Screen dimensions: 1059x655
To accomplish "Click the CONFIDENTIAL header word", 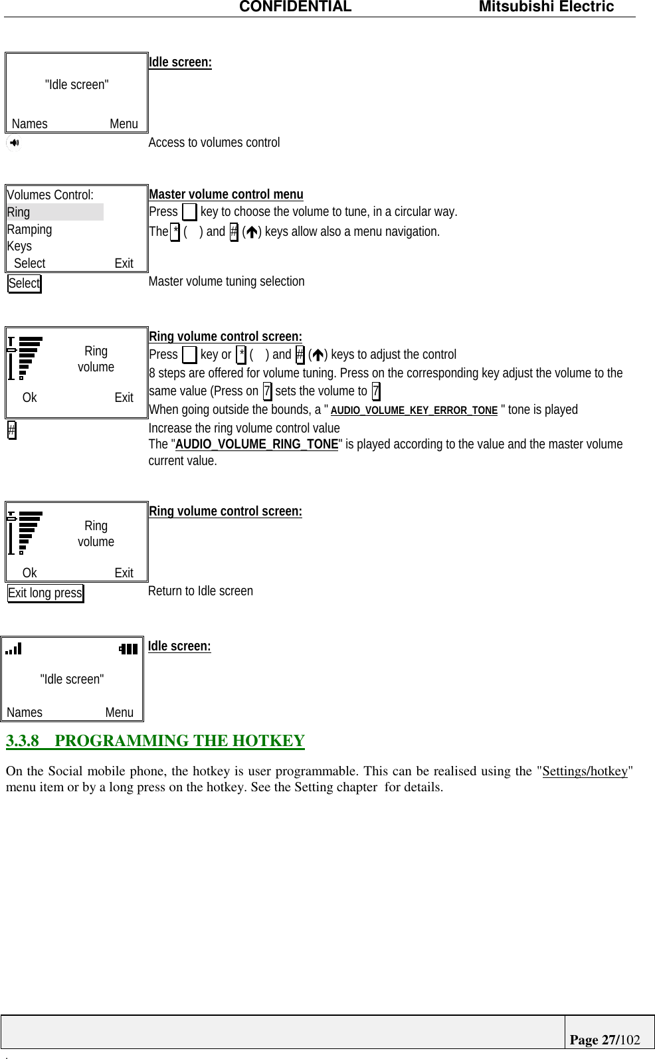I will pos(295,7).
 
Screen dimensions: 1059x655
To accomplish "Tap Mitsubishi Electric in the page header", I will pos(546,7).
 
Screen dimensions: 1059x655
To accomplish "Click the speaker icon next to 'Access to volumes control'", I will pos(14,143).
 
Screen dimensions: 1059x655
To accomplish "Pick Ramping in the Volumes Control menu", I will pos(29,229).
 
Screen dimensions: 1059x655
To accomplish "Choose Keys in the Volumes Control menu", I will pos(19,246).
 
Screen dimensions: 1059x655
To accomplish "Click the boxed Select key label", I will pos(25,284).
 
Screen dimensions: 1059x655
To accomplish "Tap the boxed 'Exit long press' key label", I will pos(45,593).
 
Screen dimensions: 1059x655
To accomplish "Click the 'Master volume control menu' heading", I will pos(226,194).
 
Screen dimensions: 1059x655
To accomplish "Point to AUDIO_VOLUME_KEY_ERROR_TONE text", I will pos(414,411).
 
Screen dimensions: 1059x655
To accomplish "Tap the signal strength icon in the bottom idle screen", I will pos(13,648).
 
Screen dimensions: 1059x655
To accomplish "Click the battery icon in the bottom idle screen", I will pos(128,649).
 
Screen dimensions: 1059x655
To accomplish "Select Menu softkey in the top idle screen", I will pos(124,124).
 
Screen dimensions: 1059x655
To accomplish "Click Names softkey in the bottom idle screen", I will pos(25,713).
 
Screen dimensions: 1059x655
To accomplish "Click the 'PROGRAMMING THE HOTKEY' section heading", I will pos(179,741).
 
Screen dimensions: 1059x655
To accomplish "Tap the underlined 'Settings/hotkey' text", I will pos(585,771).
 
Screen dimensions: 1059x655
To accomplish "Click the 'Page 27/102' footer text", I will pos(605,1040).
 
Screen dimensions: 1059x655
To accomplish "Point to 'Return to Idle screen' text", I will pos(201,591).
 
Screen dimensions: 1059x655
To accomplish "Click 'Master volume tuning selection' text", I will pos(227,282).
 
